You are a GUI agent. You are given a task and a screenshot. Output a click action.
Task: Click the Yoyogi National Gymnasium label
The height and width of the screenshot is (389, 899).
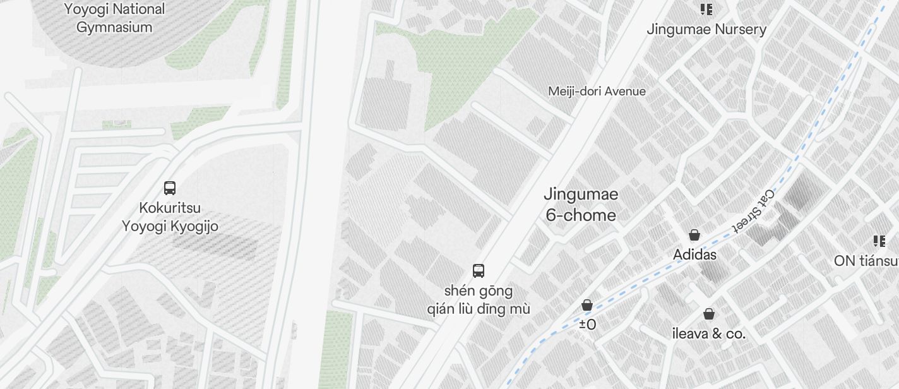pos(114,18)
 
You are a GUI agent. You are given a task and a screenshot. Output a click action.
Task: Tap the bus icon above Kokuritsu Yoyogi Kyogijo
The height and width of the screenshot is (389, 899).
pos(170,188)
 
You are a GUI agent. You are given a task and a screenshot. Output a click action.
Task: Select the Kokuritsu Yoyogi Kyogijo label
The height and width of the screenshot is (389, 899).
pos(170,217)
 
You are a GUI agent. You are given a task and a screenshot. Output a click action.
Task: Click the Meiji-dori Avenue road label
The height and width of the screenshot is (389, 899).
pos(597,91)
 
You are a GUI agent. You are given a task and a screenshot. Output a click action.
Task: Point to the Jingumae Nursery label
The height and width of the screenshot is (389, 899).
pos(706,30)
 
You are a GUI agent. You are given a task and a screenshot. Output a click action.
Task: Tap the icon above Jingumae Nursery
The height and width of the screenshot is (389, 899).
pos(706,9)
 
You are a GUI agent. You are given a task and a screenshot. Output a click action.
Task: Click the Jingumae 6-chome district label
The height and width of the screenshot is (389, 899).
pos(581,205)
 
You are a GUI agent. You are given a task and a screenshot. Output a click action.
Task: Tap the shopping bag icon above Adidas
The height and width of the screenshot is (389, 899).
pos(694,236)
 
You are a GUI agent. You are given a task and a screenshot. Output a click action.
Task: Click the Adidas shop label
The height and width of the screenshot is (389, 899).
pos(694,254)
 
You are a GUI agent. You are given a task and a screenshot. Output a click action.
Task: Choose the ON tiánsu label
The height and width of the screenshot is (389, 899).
pos(866,261)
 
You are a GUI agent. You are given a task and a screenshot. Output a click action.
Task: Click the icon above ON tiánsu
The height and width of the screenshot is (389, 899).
pos(879,241)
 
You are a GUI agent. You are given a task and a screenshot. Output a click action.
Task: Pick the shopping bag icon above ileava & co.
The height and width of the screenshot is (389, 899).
pos(709,314)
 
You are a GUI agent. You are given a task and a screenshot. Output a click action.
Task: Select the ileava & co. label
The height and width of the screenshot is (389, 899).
pos(709,333)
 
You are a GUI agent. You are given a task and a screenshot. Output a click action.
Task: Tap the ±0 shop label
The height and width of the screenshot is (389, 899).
pos(587,325)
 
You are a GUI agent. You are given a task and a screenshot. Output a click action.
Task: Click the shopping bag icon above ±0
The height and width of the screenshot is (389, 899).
pos(587,306)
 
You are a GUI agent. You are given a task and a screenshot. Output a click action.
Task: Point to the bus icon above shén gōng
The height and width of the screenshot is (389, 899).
pos(479,271)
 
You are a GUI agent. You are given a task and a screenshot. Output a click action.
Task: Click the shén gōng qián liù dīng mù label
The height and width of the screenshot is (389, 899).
pos(479,300)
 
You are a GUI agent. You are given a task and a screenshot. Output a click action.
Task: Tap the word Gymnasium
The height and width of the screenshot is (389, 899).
pos(114,27)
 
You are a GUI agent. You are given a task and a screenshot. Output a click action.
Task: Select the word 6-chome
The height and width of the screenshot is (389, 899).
pos(581,215)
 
